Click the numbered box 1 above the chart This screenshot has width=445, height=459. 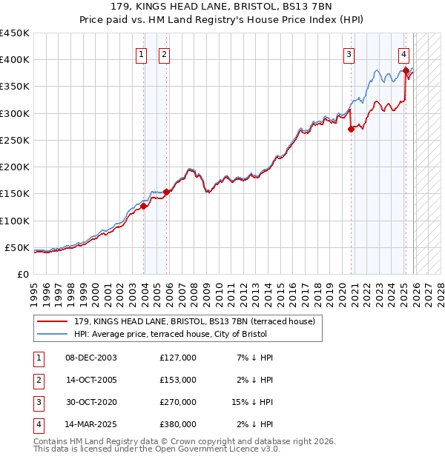[x=141, y=53]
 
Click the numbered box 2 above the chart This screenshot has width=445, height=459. [x=164, y=53]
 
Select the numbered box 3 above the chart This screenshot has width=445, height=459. [x=349, y=53]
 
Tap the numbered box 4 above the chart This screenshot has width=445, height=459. [x=403, y=53]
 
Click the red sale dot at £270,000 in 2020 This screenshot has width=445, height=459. [x=351, y=129]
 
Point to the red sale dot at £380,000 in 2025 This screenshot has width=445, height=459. [x=406, y=70]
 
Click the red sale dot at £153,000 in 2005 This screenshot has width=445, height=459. [x=167, y=192]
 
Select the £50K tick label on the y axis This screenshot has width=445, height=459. [x=18, y=247]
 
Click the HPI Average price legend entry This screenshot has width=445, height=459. [x=171, y=335]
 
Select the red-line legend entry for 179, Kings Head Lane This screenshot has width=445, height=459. [x=194, y=321]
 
